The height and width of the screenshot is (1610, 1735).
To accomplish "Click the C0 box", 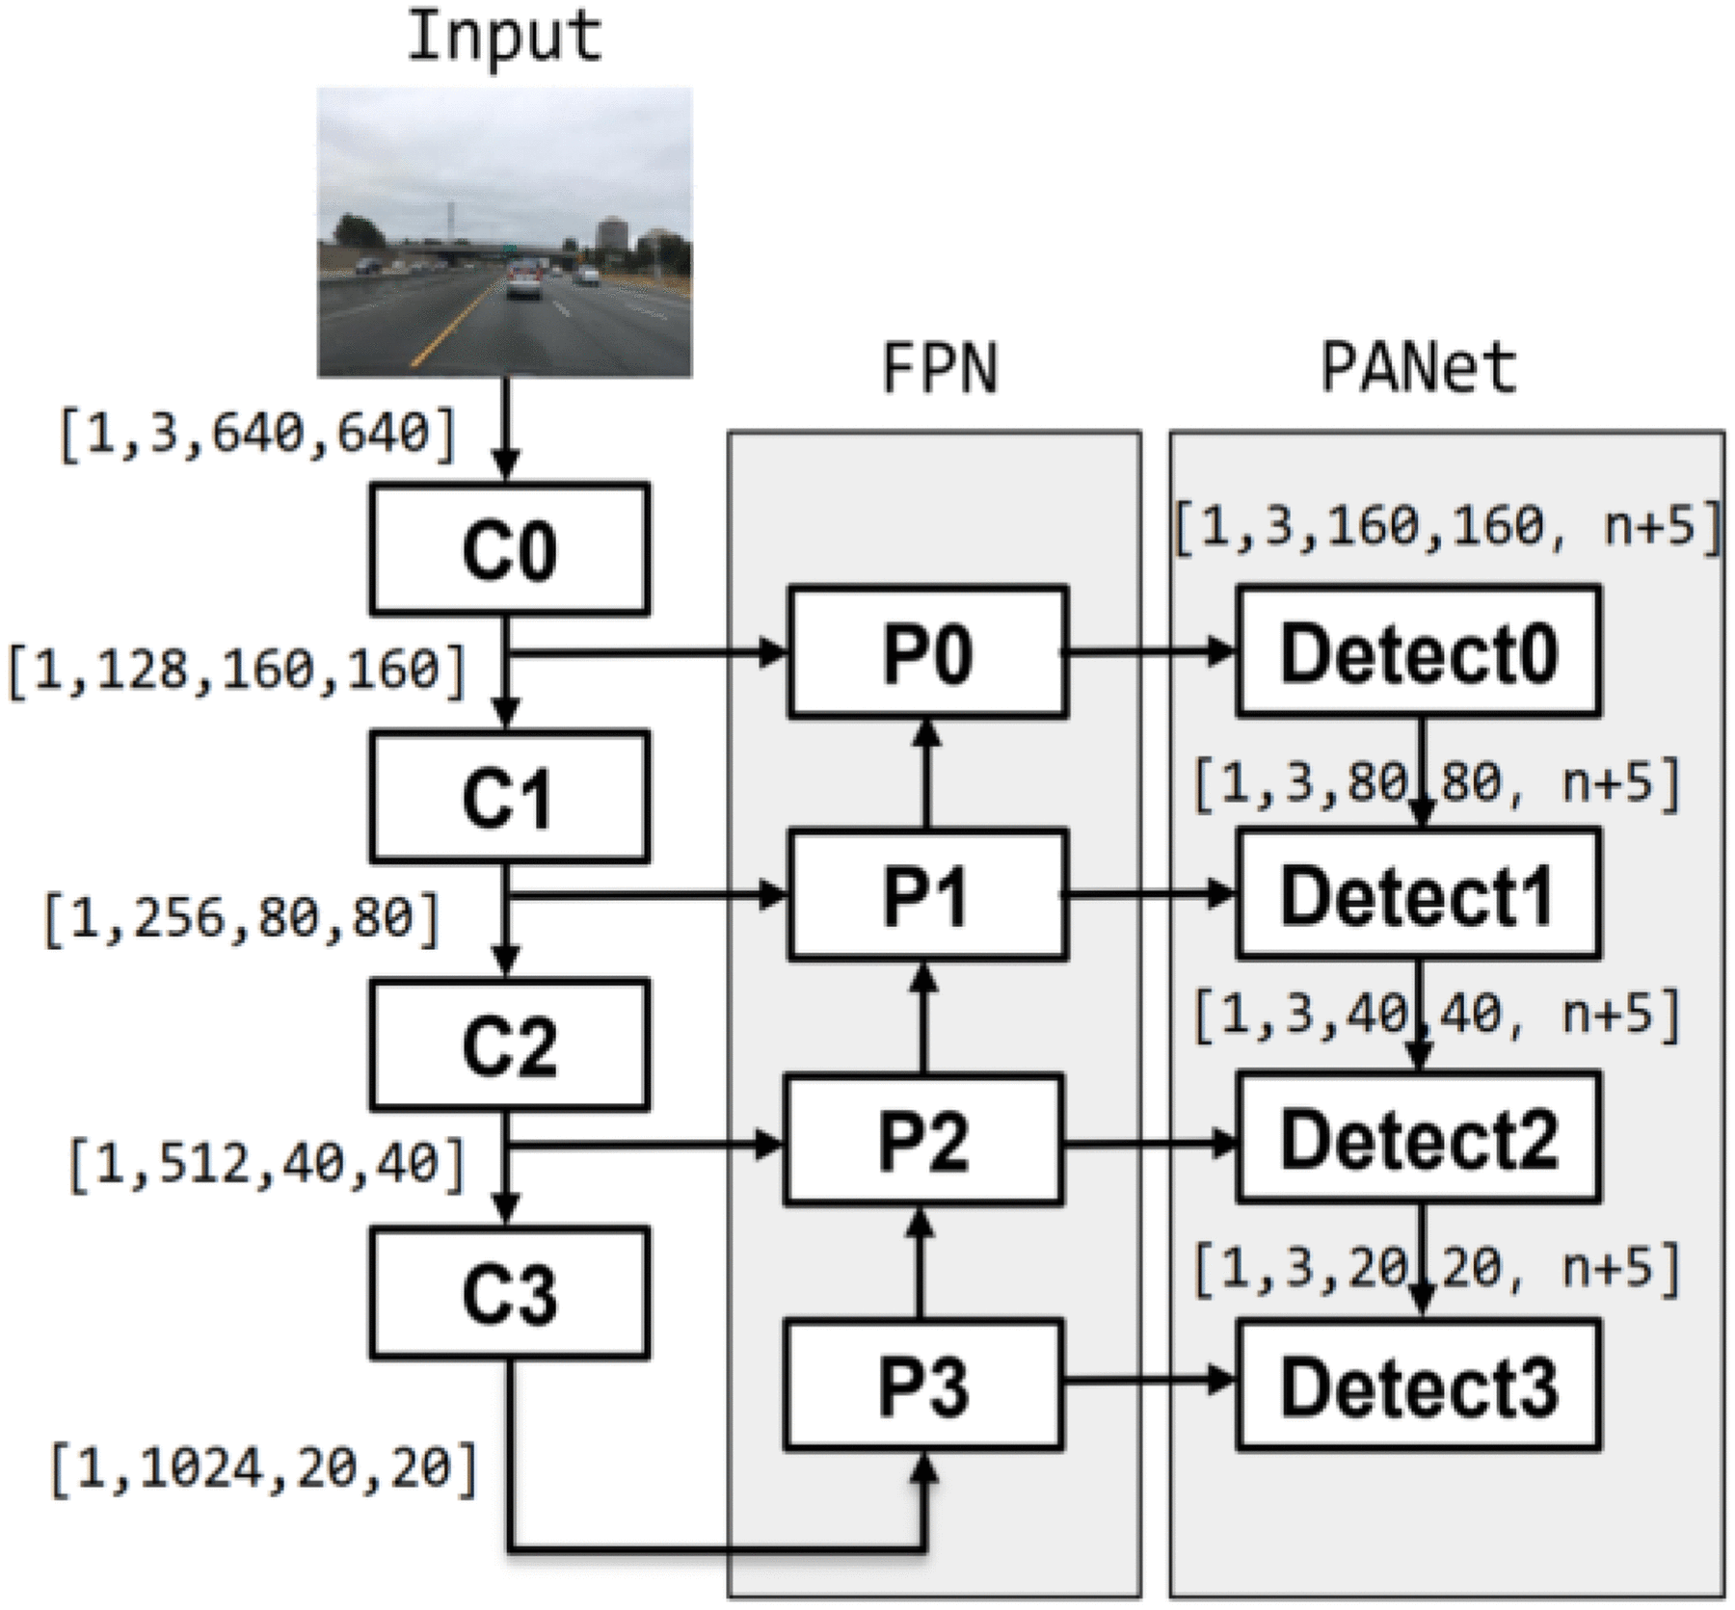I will coord(509,549).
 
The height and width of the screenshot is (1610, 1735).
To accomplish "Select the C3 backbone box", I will coord(509,1292).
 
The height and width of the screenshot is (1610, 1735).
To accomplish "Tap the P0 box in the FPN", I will coord(927,651).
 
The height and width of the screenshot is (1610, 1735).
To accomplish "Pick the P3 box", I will coord(923,1385).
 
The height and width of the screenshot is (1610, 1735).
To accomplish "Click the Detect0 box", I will coord(1418,652).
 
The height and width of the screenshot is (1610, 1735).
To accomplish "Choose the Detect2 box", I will coord(1418,1138).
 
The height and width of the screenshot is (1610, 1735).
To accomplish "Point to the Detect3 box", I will coord(1418,1385).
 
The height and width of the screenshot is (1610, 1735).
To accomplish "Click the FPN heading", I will coord(940,369).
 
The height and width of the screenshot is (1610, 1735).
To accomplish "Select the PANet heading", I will coord(1418,369).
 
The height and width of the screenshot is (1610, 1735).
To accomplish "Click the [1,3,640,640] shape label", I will coord(257,435).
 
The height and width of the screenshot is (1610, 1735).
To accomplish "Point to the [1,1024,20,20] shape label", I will coord(263,1468).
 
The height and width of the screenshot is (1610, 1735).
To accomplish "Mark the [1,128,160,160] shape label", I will coord(237,669).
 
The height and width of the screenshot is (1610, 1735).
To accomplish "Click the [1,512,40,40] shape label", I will coord(267,1163).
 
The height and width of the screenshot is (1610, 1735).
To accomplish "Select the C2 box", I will coord(509,1044).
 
